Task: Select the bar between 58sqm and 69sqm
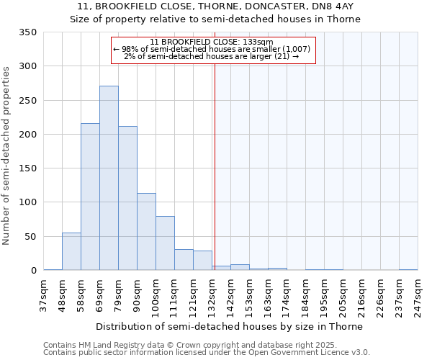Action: (90, 197)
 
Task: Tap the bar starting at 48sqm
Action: (71, 252)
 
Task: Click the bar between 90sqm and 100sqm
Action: (146, 232)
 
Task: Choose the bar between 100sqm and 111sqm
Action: (165, 243)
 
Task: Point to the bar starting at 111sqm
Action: (184, 260)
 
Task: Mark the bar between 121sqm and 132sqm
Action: (202, 261)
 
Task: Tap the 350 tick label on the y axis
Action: (28, 32)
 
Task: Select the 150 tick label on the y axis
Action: (28, 168)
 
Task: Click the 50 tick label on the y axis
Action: (30, 237)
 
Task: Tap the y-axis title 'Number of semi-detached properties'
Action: (6, 155)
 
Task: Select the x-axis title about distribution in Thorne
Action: (229, 326)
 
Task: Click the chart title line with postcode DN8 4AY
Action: (215, 6)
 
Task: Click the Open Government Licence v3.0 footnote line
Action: (207, 353)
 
